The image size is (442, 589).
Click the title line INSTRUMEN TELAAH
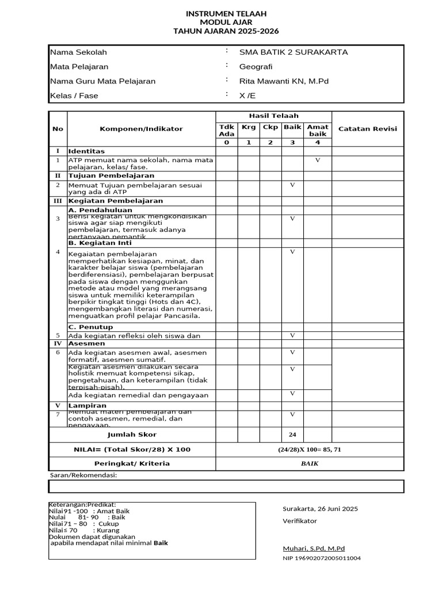tap(226, 13)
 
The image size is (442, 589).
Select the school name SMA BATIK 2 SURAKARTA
tap(294, 52)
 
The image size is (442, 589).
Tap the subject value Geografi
tap(256, 67)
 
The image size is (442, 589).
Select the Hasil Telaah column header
tap(273, 116)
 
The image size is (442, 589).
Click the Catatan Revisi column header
tap(367, 129)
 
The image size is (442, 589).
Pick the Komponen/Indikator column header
tap(141, 129)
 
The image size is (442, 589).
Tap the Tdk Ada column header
tap(226, 130)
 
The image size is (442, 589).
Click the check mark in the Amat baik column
tap(317, 160)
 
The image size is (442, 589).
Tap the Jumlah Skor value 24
tap(292, 435)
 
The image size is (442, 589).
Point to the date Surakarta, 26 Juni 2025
tap(320, 508)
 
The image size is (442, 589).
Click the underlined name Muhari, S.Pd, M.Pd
tap(314, 548)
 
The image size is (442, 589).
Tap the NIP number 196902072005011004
tap(322, 558)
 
